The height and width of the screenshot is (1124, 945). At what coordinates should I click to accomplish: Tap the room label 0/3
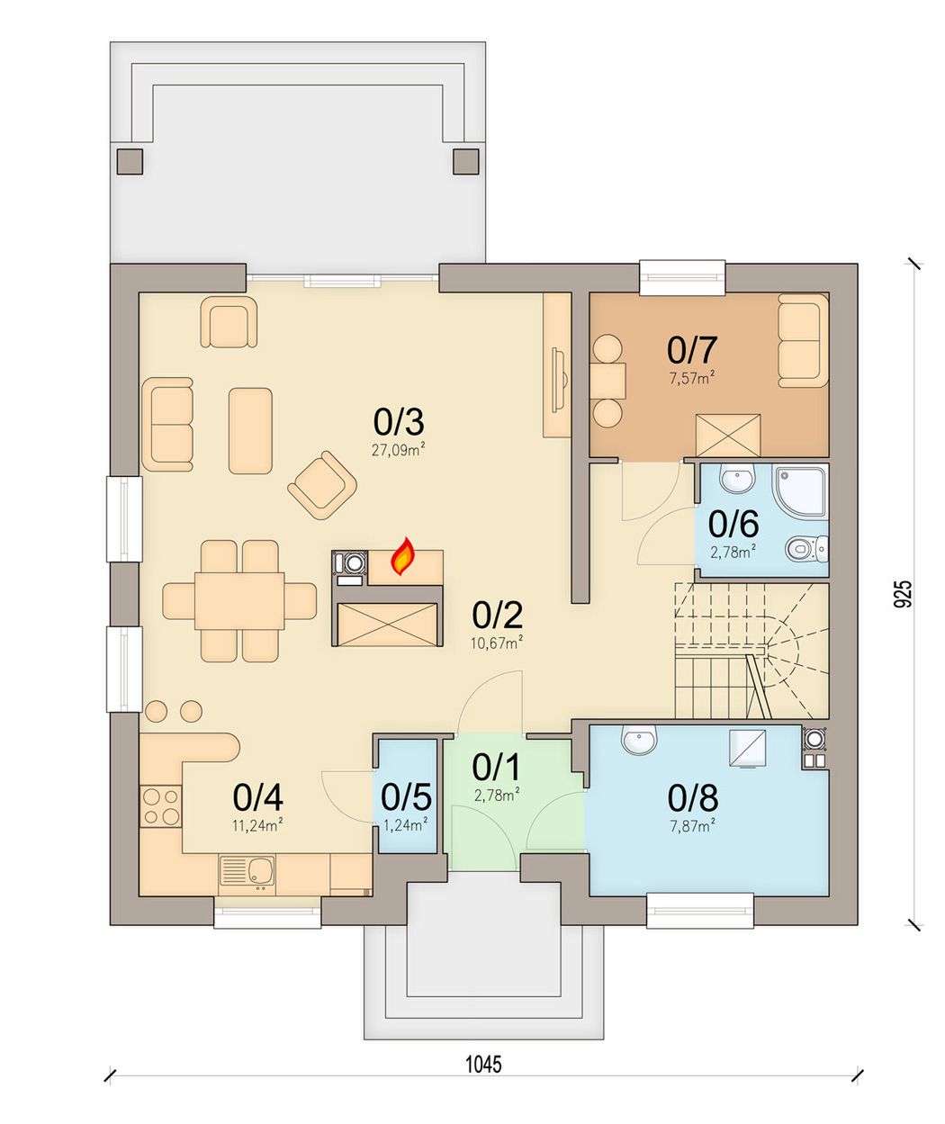click(x=399, y=422)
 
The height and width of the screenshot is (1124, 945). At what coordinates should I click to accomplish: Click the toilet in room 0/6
click(x=806, y=549)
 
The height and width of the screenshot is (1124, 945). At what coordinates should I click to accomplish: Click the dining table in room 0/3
click(x=239, y=601)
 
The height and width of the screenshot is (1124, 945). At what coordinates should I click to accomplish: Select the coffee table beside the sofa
click(x=250, y=431)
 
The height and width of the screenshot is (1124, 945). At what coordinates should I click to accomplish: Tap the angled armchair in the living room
click(x=323, y=484)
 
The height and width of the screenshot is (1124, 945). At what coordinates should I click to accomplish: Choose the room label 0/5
click(x=406, y=796)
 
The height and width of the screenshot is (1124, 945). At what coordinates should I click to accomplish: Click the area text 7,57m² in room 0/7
click(x=692, y=379)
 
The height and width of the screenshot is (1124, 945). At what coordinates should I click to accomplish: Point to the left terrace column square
click(x=130, y=161)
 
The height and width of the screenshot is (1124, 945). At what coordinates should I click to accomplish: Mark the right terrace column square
click(x=466, y=161)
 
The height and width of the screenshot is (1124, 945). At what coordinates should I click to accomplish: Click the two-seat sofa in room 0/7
click(x=803, y=340)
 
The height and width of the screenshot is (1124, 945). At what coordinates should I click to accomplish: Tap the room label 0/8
click(x=693, y=798)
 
